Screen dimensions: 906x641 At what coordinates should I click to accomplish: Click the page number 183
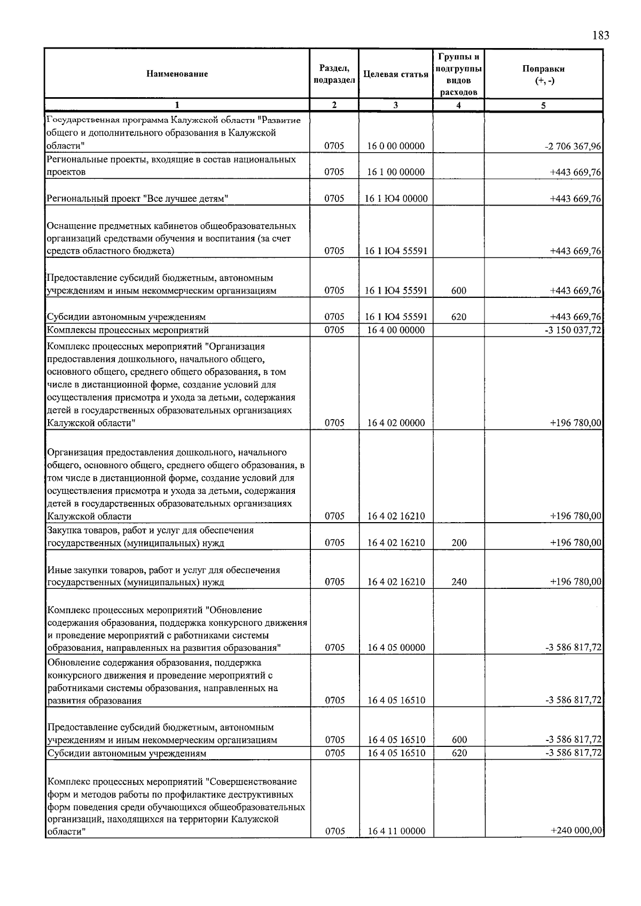pyautogui.click(x=600, y=36)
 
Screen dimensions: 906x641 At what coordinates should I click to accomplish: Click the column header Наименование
pyautogui.click(x=177, y=74)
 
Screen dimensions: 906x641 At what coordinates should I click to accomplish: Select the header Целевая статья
pyautogui.click(x=395, y=74)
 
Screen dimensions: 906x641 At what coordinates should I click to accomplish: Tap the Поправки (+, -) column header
pyautogui.click(x=543, y=74)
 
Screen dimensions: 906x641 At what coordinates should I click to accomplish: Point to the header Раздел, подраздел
pyautogui.click(x=334, y=74)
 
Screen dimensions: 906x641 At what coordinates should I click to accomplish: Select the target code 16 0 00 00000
pyautogui.click(x=395, y=146)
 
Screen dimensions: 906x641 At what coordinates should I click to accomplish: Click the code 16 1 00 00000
pyautogui.click(x=395, y=172)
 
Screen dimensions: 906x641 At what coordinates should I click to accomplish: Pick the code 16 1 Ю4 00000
pyautogui.click(x=396, y=199)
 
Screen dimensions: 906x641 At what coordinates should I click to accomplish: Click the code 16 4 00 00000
pyautogui.click(x=396, y=330)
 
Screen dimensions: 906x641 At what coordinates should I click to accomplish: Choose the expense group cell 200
pyautogui.click(x=459, y=543)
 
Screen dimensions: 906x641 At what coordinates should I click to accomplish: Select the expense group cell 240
pyautogui.click(x=459, y=582)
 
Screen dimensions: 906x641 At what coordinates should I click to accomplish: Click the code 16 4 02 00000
pyautogui.click(x=396, y=423)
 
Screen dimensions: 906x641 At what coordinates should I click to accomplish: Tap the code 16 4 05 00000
pyautogui.click(x=396, y=648)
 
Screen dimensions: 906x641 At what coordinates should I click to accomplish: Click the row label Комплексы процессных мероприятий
pyautogui.click(x=128, y=330)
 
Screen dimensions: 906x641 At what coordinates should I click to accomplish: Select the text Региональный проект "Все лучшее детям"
pyautogui.click(x=138, y=199)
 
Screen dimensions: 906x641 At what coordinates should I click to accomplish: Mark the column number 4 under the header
pyautogui.click(x=458, y=105)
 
